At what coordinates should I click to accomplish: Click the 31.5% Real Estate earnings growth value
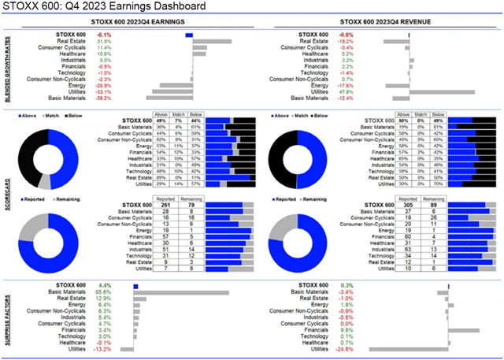click(x=102, y=41)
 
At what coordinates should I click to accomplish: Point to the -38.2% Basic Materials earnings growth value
click(x=102, y=98)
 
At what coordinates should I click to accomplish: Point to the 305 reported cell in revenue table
click(x=384, y=206)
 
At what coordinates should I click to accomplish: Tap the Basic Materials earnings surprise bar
click(x=181, y=292)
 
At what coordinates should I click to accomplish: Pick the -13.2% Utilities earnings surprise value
click(x=102, y=349)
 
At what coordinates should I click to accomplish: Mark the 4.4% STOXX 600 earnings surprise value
click(x=103, y=285)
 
